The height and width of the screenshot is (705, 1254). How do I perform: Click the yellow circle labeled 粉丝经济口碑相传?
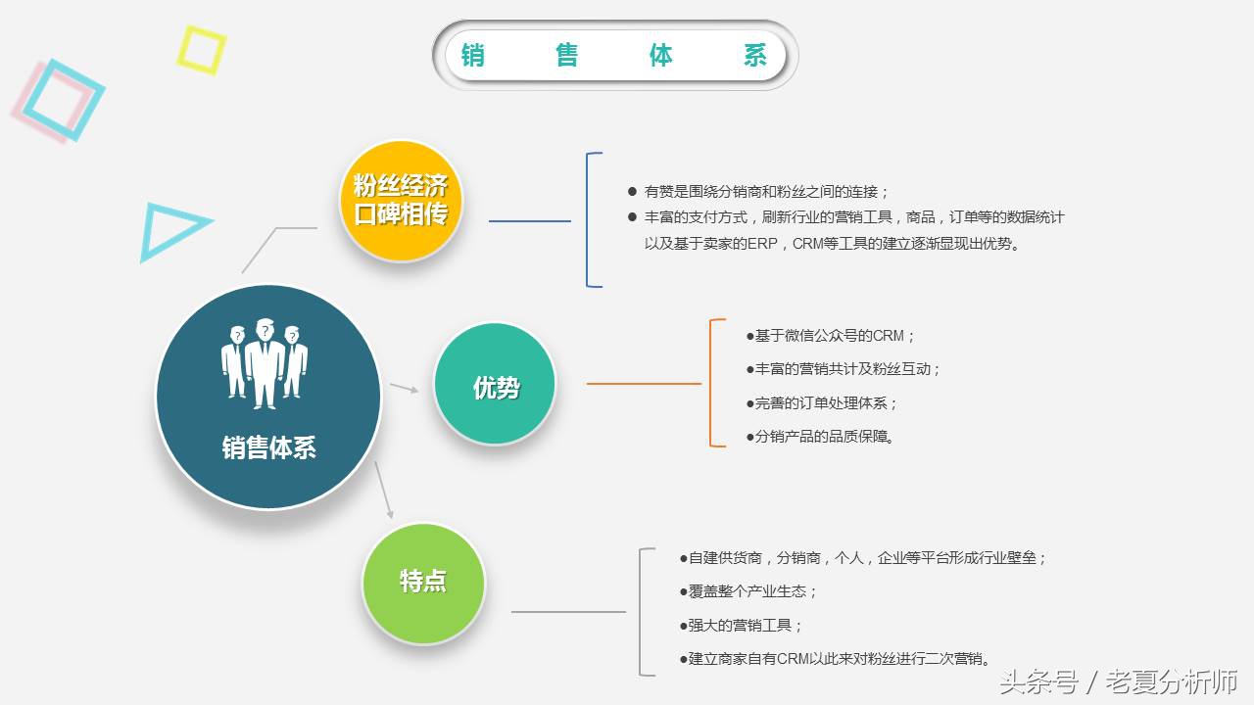[400, 201]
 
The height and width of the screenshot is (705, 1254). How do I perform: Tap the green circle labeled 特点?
[423, 582]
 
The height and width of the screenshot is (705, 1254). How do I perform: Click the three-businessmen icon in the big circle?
[265, 361]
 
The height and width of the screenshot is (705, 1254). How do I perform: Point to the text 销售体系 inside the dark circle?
[268, 448]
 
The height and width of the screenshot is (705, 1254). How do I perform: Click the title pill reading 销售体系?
[615, 55]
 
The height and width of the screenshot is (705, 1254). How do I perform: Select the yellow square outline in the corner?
[201, 50]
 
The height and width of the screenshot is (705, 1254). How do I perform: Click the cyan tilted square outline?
[64, 99]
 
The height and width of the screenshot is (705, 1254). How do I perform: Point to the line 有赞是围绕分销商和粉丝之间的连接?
[766, 192]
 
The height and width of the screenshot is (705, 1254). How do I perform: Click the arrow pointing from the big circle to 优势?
[404, 388]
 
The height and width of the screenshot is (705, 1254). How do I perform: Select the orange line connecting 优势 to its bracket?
[644, 384]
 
